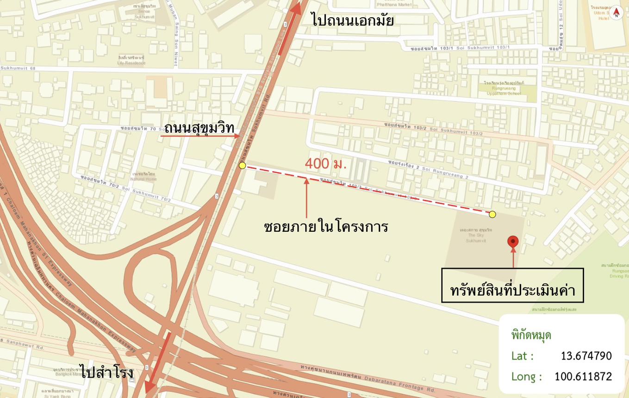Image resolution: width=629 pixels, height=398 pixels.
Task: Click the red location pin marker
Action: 512,241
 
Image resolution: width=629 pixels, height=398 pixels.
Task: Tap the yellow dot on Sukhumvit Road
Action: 242,165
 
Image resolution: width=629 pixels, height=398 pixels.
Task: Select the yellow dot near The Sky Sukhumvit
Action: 492,214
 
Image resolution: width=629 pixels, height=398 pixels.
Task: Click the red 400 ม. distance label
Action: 325,163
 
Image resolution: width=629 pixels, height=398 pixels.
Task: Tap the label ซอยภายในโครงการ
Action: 325,227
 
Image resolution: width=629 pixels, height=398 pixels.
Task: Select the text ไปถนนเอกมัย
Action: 353,20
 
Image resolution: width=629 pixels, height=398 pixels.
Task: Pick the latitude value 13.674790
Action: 586,356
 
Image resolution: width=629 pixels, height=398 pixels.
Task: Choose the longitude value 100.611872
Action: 583,376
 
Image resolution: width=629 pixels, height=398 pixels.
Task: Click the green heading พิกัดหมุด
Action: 531,335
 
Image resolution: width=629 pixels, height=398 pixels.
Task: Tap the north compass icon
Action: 616,13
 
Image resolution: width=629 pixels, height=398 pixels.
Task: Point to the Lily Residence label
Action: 131,60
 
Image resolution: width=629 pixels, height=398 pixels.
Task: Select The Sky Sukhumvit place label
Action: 475,235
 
